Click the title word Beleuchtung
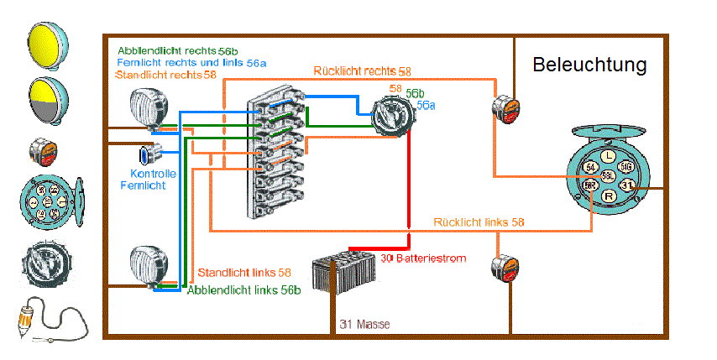click(x=589, y=65)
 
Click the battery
click(x=344, y=270)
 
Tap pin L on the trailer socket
click(x=607, y=154)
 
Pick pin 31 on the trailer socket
click(x=626, y=185)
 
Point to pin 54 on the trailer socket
click(x=589, y=167)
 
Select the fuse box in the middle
click(x=274, y=155)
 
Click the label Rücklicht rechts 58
click(x=362, y=72)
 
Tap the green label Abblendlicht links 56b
click(x=244, y=290)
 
